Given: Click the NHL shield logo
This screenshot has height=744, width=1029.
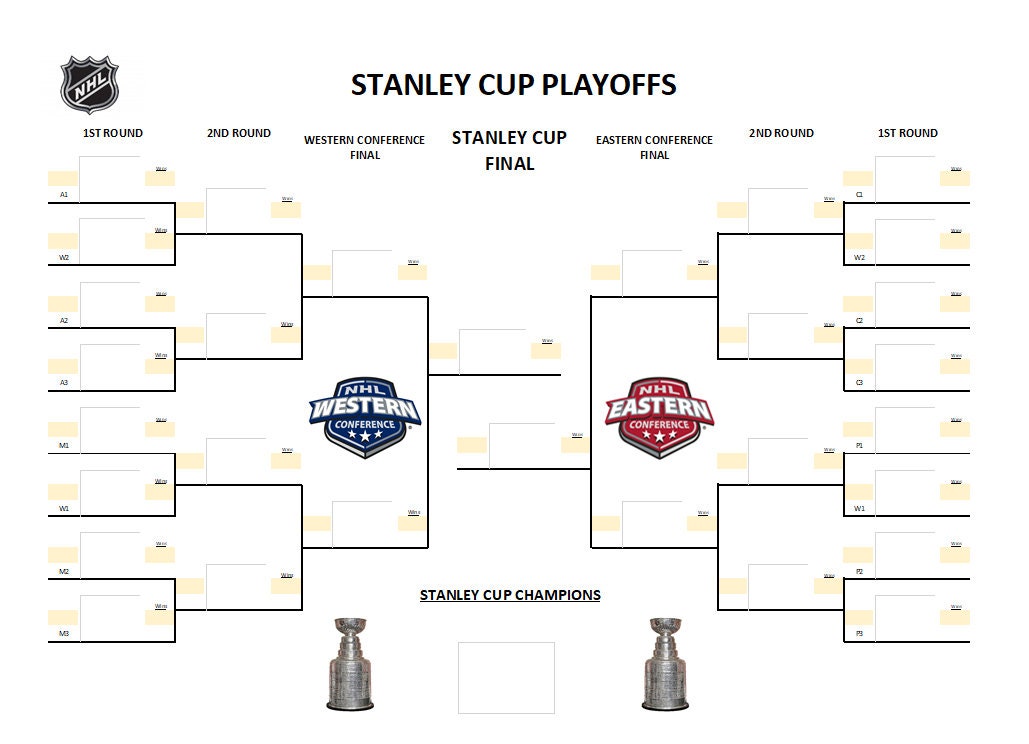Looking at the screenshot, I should click(90, 84).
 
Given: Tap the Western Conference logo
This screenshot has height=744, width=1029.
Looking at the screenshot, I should click(364, 417).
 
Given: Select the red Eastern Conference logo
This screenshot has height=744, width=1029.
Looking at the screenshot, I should click(659, 417).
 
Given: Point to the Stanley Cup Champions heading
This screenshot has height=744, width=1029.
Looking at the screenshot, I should click(510, 595).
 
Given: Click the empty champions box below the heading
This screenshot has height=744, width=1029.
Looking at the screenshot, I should click(506, 677).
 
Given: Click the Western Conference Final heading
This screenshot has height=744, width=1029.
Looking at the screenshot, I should click(364, 147).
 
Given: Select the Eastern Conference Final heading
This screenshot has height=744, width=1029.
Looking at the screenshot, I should click(654, 147).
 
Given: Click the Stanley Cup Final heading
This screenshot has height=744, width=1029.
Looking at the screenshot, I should click(509, 150).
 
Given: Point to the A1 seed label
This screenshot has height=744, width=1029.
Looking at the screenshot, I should click(64, 195).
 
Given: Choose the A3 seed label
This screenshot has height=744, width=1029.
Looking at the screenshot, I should click(64, 383).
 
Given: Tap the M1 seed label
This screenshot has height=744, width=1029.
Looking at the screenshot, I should click(64, 446).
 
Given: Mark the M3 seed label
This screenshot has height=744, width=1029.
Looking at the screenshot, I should click(64, 634).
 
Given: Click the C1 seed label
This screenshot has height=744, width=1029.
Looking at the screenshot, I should click(859, 195).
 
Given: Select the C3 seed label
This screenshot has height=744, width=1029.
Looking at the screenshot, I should click(859, 383).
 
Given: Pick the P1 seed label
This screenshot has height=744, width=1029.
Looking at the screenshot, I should click(859, 446).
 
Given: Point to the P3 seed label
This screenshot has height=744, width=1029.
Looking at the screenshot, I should click(859, 634).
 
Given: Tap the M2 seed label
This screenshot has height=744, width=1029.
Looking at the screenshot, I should click(64, 572).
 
